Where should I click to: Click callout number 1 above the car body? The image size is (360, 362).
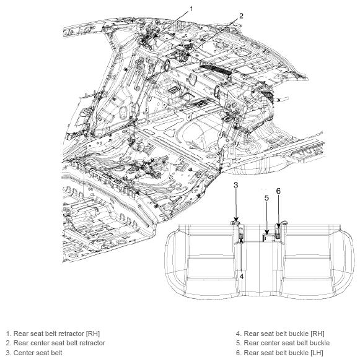[x=191, y=9]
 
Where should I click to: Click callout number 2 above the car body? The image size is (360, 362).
[x=241, y=16]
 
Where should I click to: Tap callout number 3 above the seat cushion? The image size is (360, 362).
[x=235, y=185]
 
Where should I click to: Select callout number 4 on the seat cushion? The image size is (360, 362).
[x=242, y=276]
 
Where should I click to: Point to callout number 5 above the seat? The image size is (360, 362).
[x=266, y=198]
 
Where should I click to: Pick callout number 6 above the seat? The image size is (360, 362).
[x=278, y=191]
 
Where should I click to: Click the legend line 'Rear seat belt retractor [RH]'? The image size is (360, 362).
[x=53, y=334]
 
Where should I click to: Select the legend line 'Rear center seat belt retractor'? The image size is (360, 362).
[x=56, y=343]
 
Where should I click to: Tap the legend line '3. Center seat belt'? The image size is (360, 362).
[x=34, y=353]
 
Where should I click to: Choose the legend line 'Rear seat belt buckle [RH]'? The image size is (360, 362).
[x=280, y=334]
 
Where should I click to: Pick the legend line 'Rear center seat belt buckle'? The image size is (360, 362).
[x=283, y=343]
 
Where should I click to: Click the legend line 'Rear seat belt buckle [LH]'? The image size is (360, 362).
[x=279, y=353]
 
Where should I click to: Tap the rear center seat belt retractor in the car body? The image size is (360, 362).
[x=184, y=57]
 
